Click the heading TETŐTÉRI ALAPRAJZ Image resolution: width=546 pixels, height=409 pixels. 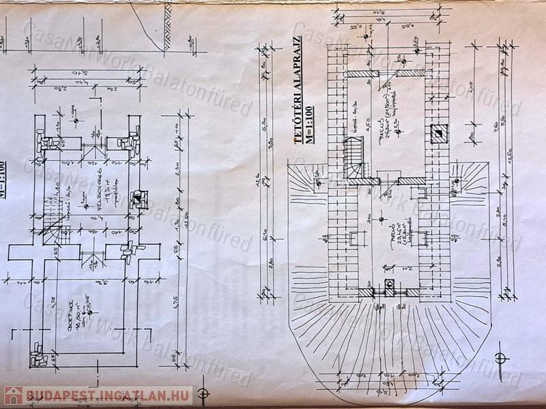coord(298,89)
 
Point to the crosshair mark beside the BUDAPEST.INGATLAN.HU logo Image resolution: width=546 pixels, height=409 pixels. coord(202,393)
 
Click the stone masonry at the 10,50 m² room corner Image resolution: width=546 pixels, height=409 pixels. coord(38,355)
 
